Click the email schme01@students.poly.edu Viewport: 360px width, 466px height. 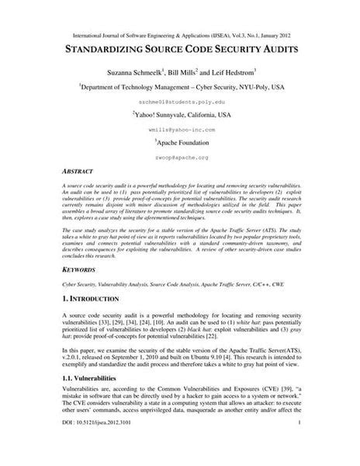pos(179,102)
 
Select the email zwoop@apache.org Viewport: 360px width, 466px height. pos(179,157)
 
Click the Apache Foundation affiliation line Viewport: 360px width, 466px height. pos(181,144)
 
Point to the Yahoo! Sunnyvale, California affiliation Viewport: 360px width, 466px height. pos(181,114)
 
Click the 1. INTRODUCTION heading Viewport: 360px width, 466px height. pos(91,298)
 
